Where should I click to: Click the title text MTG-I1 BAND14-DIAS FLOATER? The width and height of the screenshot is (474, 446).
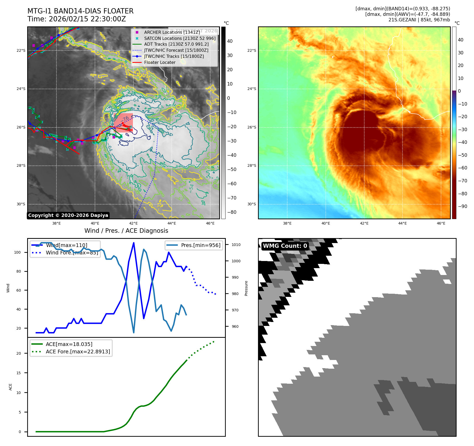(80, 11)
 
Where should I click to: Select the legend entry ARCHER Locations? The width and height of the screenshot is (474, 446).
(172, 32)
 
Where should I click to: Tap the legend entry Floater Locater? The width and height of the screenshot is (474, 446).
(160, 62)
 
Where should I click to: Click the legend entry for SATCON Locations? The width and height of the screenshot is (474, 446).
(180, 38)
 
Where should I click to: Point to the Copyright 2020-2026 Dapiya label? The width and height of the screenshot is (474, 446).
(68, 215)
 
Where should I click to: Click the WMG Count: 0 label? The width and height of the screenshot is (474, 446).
(285, 246)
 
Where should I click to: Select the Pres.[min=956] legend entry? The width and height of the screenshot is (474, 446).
(200, 245)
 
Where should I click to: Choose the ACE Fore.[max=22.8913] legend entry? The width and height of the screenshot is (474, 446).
(78, 352)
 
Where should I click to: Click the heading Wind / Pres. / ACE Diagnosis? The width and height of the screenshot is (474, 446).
(126, 231)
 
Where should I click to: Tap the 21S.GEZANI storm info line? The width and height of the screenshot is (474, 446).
(419, 20)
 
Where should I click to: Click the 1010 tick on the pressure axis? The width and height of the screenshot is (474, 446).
(236, 245)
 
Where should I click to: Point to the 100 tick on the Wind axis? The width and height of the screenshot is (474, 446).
(17, 252)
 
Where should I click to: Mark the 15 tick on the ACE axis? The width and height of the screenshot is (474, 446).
(18, 373)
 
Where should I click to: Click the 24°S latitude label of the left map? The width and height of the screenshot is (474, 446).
(21, 89)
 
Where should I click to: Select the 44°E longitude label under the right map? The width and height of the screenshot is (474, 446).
(402, 223)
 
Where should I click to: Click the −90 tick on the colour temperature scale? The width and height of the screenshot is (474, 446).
(462, 206)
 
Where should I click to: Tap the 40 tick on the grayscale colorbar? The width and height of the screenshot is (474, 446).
(230, 41)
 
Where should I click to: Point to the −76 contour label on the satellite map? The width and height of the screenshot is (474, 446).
(126, 118)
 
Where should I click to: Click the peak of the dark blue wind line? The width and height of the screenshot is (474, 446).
(134, 243)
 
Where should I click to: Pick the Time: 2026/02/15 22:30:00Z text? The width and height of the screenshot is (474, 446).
(76, 19)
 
